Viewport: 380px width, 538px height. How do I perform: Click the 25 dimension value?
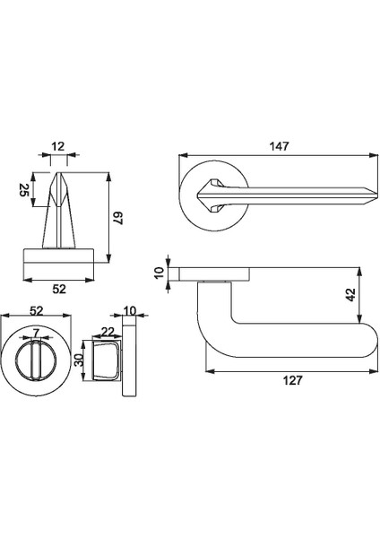click(25, 191)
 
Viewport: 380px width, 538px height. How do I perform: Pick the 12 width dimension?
click(58, 145)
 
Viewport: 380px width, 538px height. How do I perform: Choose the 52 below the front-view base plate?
click(58, 290)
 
